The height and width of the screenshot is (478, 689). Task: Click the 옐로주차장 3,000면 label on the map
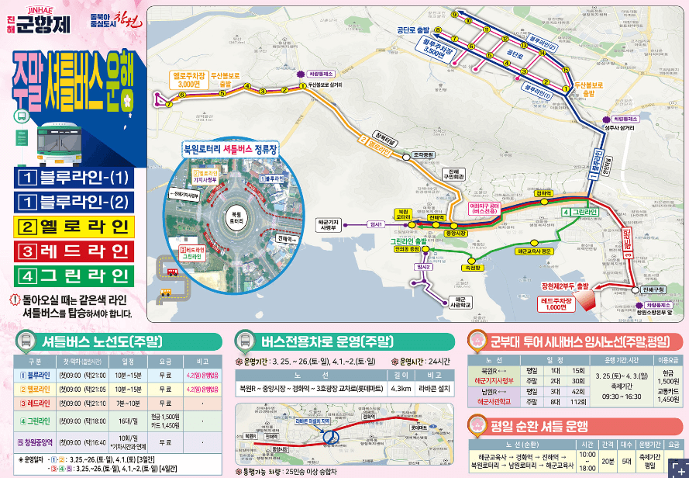click(x=189, y=79)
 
